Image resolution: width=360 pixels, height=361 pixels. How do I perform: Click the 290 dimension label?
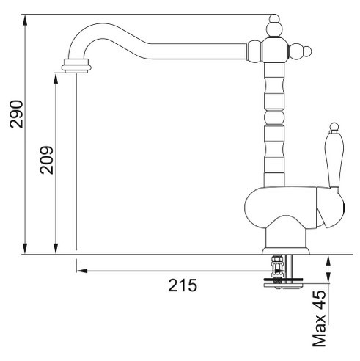(16, 114)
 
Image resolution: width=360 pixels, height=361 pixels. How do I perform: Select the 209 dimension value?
(47, 160)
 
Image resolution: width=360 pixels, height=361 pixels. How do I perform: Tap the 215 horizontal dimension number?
(183, 285)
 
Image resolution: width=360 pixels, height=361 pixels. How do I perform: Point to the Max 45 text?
(320, 318)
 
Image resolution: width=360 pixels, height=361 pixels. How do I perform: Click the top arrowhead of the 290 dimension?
(25, 20)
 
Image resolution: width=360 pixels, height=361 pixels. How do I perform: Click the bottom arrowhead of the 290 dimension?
(25, 249)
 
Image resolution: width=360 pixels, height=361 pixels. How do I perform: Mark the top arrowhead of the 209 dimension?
(56, 79)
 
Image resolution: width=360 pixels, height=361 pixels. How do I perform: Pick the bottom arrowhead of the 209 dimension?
(56, 249)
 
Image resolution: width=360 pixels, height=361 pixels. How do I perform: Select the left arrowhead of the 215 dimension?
(82, 271)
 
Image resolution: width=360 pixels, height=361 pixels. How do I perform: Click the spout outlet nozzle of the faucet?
(76, 66)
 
